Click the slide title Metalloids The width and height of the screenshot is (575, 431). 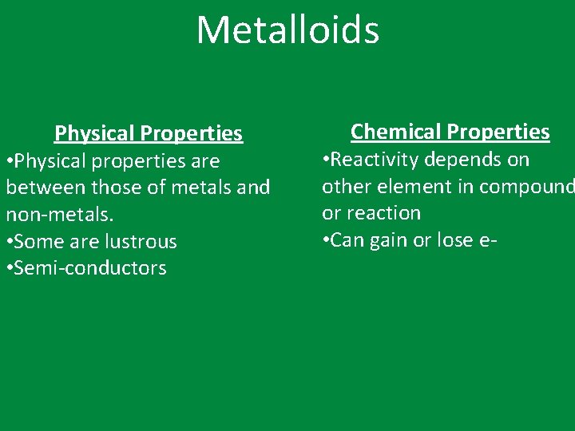click(x=287, y=30)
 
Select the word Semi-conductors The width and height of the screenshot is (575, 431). click(x=90, y=268)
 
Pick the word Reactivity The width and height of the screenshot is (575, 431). click(x=375, y=160)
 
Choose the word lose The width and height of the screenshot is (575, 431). click(x=454, y=240)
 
